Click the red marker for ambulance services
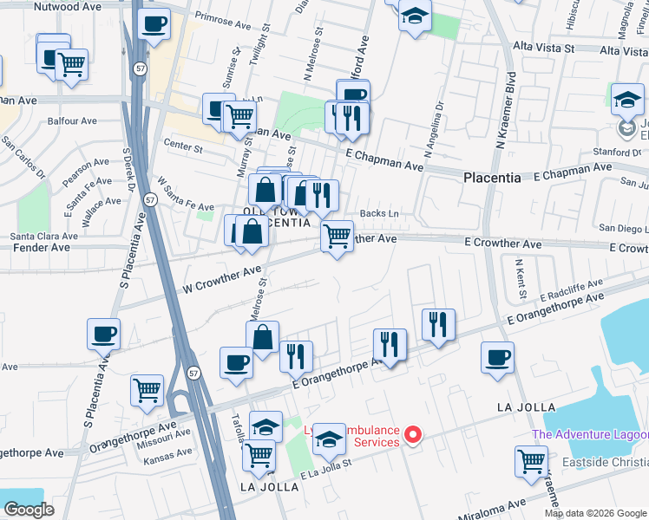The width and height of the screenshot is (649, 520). pyautogui.click(x=414, y=434)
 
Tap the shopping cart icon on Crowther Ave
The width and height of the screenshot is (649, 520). pyautogui.click(x=337, y=236)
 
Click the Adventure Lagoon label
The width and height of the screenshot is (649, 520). pyautogui.click(x=589, y=435)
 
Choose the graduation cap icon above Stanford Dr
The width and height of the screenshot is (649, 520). pyautogui.click(x=626, y=101)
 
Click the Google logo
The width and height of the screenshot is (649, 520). pyautogui.click(x=29, y=510)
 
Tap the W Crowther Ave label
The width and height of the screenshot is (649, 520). pyautogui.click(x=221, y=279)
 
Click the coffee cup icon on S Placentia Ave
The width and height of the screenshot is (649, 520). pyautogui.click(x=103, y=335)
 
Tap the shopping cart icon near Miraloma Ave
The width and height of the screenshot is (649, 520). pyautogui.click(x=531, y=461)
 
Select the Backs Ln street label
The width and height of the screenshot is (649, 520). pyautogui.click(x=381, y=213)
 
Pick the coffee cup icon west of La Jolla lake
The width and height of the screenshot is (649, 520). pyautogui.click(x=497, y=358)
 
